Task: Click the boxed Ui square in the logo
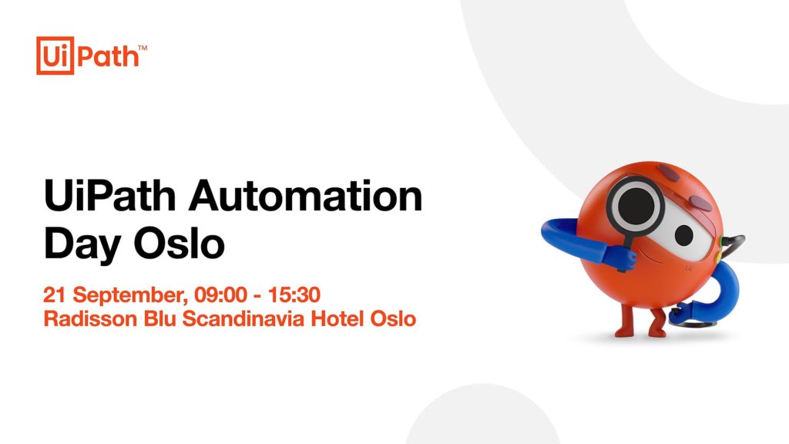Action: [55, 55]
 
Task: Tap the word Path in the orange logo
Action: [108, 55]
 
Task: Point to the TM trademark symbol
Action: [143, 48]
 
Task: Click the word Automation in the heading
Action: [305, 196]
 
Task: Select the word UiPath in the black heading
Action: [109, 196]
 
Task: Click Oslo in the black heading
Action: [179, 243]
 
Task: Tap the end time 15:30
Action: [294, 295]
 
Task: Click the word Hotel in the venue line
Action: [337, 319]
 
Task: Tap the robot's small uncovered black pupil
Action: [684, 234]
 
